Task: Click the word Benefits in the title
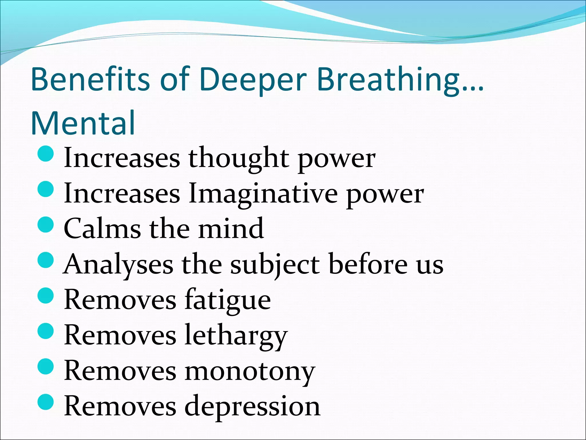coord(90,79)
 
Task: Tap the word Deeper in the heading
coord(254,80)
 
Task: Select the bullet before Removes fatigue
coord(46,295)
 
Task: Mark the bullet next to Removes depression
coord(46,402)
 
